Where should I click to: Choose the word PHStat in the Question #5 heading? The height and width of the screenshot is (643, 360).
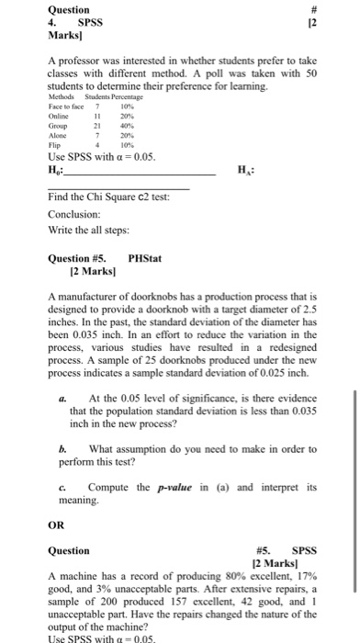tap(145, 260)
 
